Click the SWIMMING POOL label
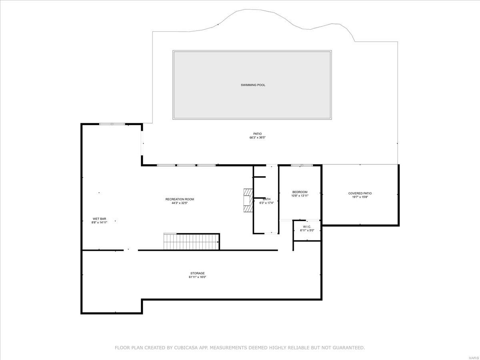click(253, 85)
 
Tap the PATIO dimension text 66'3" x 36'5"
click(258, 138)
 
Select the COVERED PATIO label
click(360, 193)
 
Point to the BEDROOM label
click(300, 192)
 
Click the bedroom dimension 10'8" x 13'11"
click(300, 196)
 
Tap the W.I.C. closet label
click(307, 226)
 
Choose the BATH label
click(266, 199)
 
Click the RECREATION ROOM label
click(180, 199)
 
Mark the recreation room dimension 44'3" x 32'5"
click(180, 203)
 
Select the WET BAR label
click(99, 219)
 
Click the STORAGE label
click(198, 273)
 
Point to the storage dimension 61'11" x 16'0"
click(198, 277)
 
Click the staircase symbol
click(191, 242)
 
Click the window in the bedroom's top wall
click(302, 165)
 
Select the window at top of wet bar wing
click(112, 124)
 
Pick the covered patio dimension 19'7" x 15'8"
click(360, 197)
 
